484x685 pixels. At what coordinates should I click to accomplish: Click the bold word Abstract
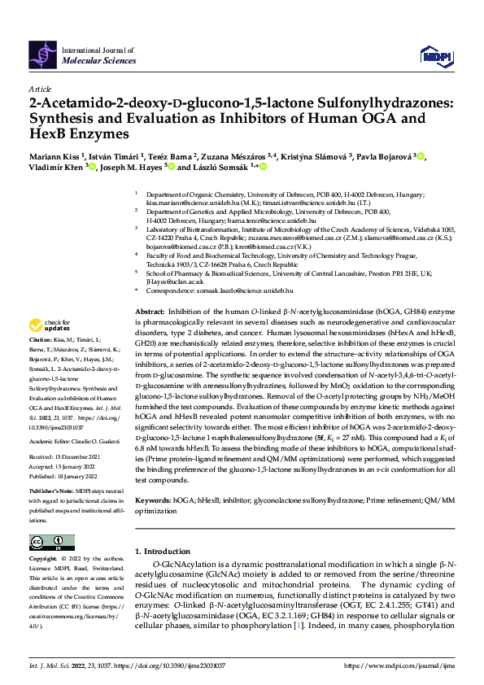tap(148, 312)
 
